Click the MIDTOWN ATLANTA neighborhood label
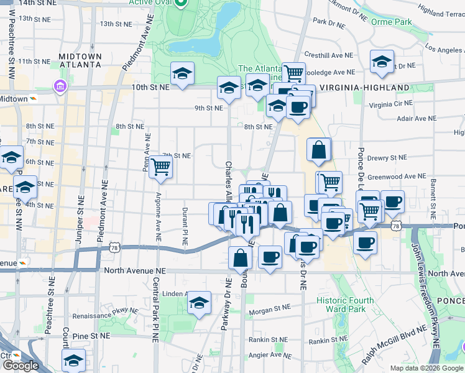pyautogui.click(x=80, y=60)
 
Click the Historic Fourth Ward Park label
pyautogui.click(x=345, y=305)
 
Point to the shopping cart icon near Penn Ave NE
pyautogui.click(x=160, y=167)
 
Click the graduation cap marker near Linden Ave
pyautogui.click(x=199, y=303)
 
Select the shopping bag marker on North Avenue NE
pyautogui.click(x=240, y=259)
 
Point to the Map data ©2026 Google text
pyautogui.click(x=427, y=368)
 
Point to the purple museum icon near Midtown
pyautogui.click(x=60, y=85)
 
